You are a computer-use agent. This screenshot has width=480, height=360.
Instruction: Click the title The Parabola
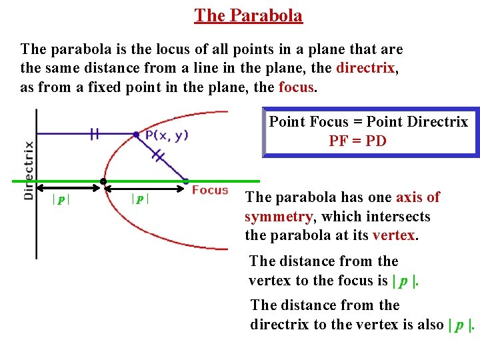(x=248, y=15)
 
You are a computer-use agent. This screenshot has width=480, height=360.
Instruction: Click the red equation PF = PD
(x=357, y=141)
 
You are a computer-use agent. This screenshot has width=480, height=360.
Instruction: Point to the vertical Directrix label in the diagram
(x=29, y=170)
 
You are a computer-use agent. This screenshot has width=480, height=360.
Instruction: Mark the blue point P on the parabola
(x=136, y=134)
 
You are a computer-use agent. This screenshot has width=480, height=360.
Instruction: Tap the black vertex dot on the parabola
(x=103, y=181)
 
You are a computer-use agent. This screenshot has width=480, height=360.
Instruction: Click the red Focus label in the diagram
(x=210, y=190)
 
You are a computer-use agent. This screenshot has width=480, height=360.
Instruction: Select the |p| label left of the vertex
(x=61, y=199)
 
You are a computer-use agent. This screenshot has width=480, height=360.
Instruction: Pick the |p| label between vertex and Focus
(x=140, y=199)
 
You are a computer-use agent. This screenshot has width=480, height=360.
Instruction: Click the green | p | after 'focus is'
(x=404, y=281)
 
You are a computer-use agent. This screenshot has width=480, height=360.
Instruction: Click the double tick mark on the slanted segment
(x=158, y=155)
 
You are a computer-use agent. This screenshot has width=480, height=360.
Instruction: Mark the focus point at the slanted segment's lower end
(x=185, y=181)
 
